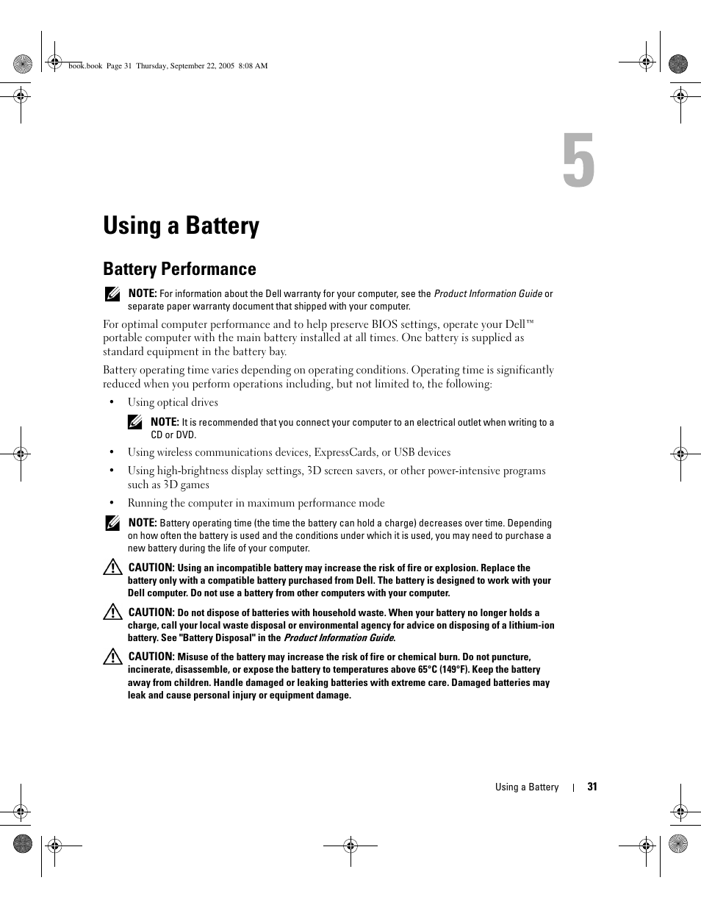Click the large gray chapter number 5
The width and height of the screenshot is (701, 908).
point(578,161)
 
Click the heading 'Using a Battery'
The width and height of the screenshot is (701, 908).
point(181,226)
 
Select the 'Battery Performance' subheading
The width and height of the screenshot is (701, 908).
point(179,269)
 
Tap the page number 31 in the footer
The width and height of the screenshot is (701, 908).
point(592,787)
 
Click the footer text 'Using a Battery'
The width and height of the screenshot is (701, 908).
point(526,787)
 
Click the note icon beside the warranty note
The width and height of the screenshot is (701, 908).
point(112,294)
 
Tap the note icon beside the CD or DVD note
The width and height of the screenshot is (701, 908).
point(134,422)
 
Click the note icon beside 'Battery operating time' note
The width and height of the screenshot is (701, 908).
point(112,523)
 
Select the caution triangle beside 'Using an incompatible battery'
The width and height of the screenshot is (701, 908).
point(112,568)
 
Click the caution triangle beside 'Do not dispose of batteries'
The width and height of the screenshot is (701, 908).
point(112,612)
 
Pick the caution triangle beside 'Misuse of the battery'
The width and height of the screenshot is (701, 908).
point(112,657)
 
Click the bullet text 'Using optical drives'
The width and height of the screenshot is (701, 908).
point(173,402)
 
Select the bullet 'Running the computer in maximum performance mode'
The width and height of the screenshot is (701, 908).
point(256,503)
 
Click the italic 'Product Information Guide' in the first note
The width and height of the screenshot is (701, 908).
point(487,293)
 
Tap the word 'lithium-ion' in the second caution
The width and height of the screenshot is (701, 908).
point(531,626)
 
